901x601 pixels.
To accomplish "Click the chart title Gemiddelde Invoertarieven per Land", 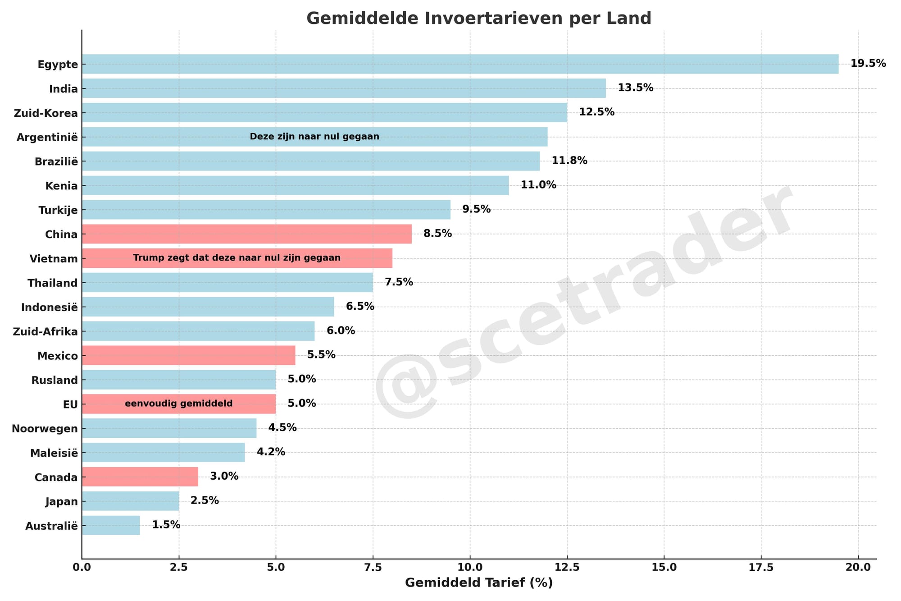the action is (x=479, y=18).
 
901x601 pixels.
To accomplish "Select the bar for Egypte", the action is (x=460, y=64).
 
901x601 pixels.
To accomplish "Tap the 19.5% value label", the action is (x=868, y=64).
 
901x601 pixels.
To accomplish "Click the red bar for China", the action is (x=246, y=234).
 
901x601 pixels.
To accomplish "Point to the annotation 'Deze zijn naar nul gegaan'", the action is (x=314, y=137).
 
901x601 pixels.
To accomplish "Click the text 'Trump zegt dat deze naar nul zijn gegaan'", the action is (x=237, y=258).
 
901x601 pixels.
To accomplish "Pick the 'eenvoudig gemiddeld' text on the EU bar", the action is (x=179, y=404).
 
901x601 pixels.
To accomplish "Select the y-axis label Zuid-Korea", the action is (x=46, y=113).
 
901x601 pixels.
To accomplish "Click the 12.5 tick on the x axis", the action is (x=567, y=567).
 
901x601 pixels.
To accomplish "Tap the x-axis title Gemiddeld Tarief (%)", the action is (x=479, y=583).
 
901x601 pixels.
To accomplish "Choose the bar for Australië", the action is (x=111, y=525).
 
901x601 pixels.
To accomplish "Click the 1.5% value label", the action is (x=166, y=525).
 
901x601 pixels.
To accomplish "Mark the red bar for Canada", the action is (x=140, y=477).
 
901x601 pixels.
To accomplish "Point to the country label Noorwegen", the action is (x=45, y=429).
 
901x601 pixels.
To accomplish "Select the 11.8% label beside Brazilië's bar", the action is (x=569, y=161).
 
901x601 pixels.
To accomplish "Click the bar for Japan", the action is (x=131, y=501).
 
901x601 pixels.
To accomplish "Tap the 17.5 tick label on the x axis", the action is (x=761, y=567).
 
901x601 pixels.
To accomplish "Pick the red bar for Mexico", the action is (x=189, y=355).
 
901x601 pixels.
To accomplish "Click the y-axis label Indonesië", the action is (x=50, y=307).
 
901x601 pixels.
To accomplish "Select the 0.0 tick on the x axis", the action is (x=82, y=567).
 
